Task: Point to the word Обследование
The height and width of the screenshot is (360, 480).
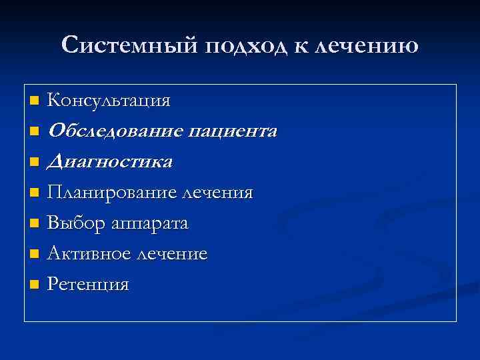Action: tap(115, 131)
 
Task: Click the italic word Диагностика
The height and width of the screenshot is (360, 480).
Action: tap(111, 162)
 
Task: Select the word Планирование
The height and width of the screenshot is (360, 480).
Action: tap(110, 193)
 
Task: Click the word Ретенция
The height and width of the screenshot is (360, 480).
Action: tap(89, 285)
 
